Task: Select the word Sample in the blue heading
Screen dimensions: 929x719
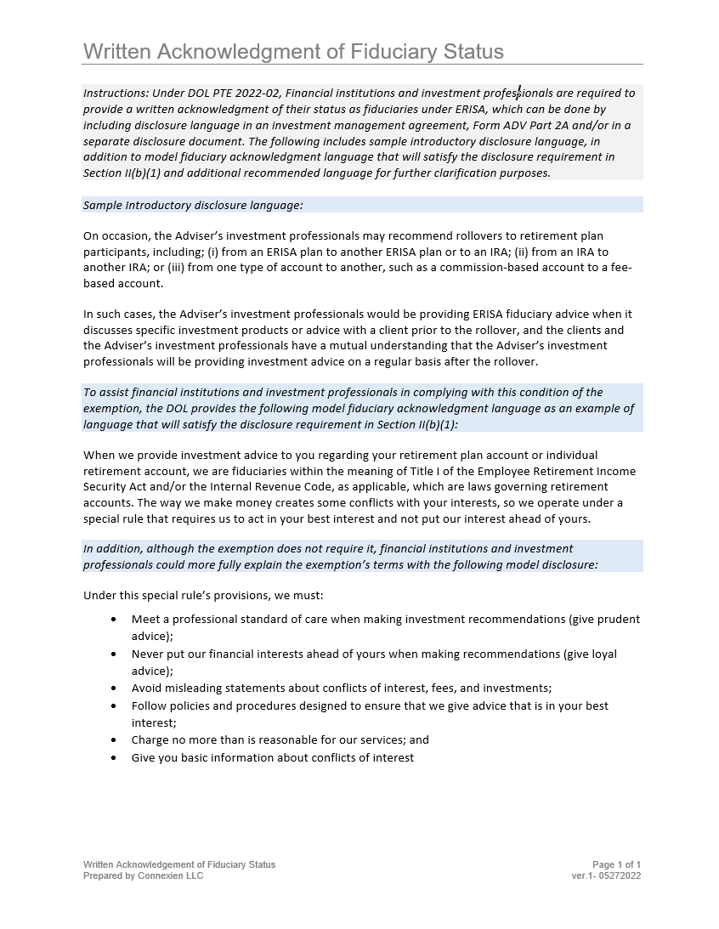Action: point(102,205)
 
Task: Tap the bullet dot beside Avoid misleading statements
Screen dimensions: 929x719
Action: point(114,688)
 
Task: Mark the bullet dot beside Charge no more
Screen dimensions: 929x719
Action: point(114,740)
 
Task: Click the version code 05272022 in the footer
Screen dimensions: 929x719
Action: point(620,875)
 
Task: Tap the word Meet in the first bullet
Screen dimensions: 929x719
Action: point(145,620)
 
